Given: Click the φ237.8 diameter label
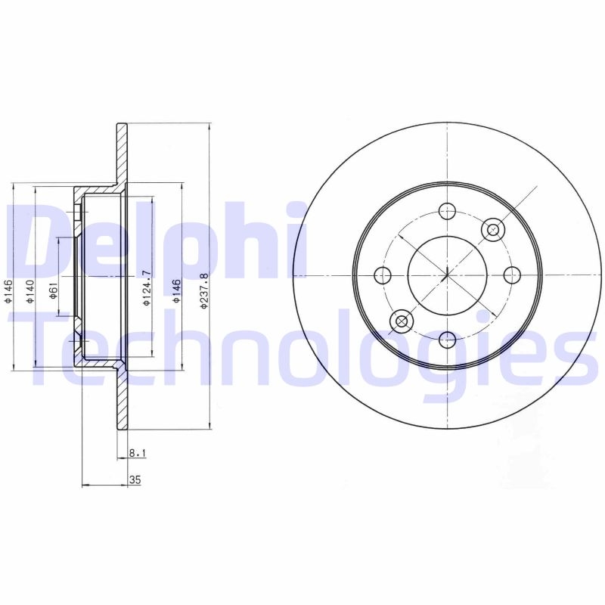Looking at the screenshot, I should click(x=202, y=291).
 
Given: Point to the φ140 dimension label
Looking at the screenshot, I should click(x=29, y=291).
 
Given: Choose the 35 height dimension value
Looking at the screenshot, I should click(x=136, y=479).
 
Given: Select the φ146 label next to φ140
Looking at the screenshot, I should click(x=8, y=291).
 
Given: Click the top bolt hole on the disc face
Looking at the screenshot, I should click(x=448, y=211).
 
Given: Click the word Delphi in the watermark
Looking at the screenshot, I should click(x=151, y=238).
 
